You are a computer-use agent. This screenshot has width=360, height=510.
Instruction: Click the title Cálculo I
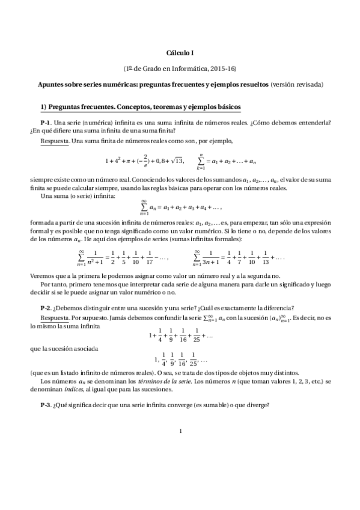click(180, 53)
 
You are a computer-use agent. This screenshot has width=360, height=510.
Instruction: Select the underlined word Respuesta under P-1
click(54, 141)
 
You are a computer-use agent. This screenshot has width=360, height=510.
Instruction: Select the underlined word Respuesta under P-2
click(54, 317)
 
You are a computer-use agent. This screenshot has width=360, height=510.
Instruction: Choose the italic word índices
click(73, 390)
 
